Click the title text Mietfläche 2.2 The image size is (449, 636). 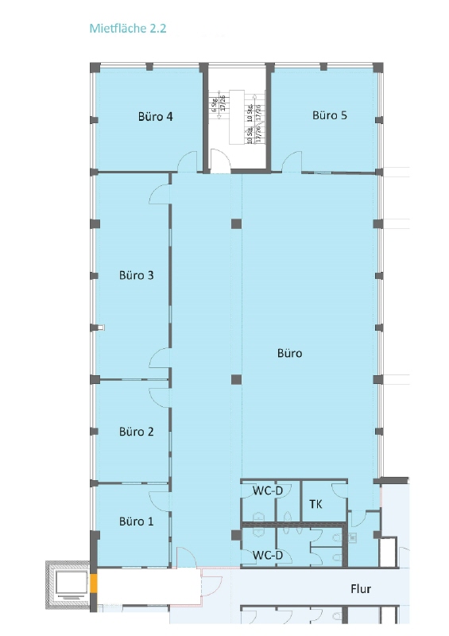(128, 28)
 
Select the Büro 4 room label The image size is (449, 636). (155, 116)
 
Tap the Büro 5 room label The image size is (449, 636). (329, 115)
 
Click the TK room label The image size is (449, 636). (315, 504)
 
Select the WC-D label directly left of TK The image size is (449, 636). (268, 491)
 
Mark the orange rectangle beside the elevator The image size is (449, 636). (93, 584)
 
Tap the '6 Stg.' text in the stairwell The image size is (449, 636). (214, 107)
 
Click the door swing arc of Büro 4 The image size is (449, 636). (188, 163)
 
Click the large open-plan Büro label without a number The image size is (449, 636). (289, 353)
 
